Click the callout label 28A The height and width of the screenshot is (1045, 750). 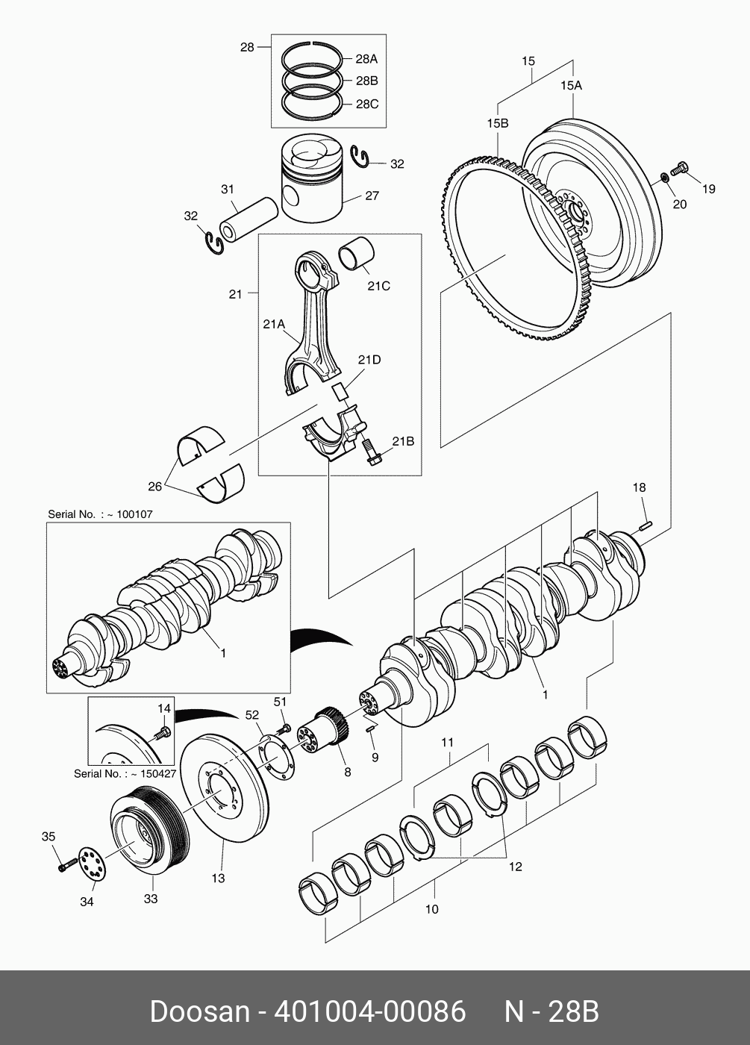pyautogui.click(x=366, y=59)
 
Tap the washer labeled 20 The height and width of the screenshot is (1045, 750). pyautogui.click(x=663, y=178)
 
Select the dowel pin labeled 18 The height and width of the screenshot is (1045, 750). pyautogui.click(x=646, y=525)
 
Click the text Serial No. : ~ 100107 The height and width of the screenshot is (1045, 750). pyautogui.click(x=100, y=514)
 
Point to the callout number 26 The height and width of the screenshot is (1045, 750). pyautogui.click(x=155, y=487)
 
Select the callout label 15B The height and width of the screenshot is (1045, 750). pyautogui.click(x=498, y=123)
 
